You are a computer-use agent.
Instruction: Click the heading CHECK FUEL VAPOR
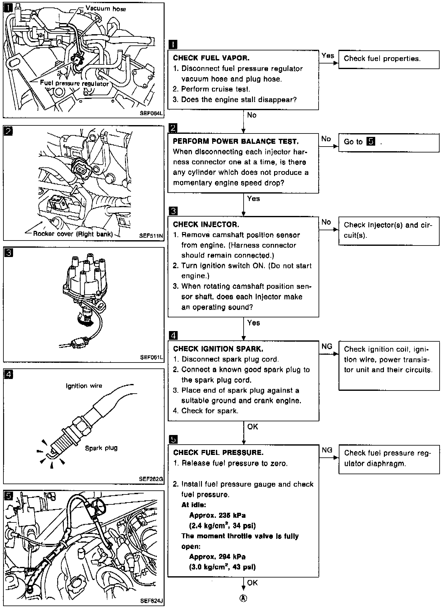pyautogui.click(x=211, y=58)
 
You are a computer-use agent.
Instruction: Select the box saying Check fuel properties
pyautogui.click(x=389, y=59)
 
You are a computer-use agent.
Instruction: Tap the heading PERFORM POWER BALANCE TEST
pyautogui.click(x=236, y=141)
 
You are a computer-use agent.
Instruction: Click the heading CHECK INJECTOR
pyautogui.click(x=206, y=224)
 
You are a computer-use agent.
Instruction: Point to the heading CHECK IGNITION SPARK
pyautogui.click(x=218, y=349)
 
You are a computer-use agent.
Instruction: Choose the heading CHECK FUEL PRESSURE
pyautogui.click(x=218, y=452)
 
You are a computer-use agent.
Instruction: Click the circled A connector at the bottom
pyautogui.click(x=244, y=598)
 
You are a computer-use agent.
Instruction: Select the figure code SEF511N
pyautogui.click(x=151, y=236)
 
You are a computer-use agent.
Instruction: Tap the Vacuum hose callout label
pyautogui.click(x=106, y=8)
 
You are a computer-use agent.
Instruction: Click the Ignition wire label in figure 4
pyautogui.click(x=84, y=386)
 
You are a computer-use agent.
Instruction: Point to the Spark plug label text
pyautogui.click(x=101, y=448)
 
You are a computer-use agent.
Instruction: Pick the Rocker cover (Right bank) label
pyautogui.click(x=73, y=234)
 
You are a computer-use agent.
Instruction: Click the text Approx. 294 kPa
pyautogui.click(x=217, y=556)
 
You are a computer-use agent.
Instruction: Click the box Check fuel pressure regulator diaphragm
pyautogui.click(x=389, y=459)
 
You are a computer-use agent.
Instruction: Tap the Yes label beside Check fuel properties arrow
pyautogui.click(x=328, y=56)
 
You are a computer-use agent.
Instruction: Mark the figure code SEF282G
pyautogui.click(x=151, y=479)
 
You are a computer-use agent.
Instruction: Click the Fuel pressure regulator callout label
pyautogui.click(x=75, y=83)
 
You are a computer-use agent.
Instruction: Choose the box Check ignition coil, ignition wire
pyautogui.click(x=389, y=366)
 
